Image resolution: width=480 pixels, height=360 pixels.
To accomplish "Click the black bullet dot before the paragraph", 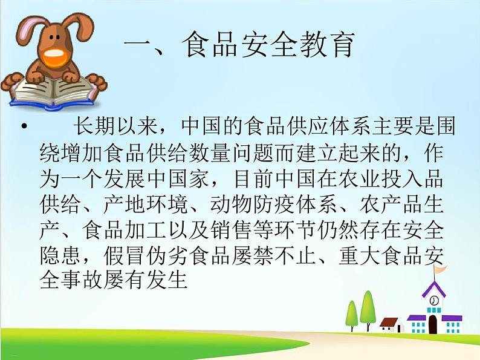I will [24, 129].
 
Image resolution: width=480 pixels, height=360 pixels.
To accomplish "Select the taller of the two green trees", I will [367, 306].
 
